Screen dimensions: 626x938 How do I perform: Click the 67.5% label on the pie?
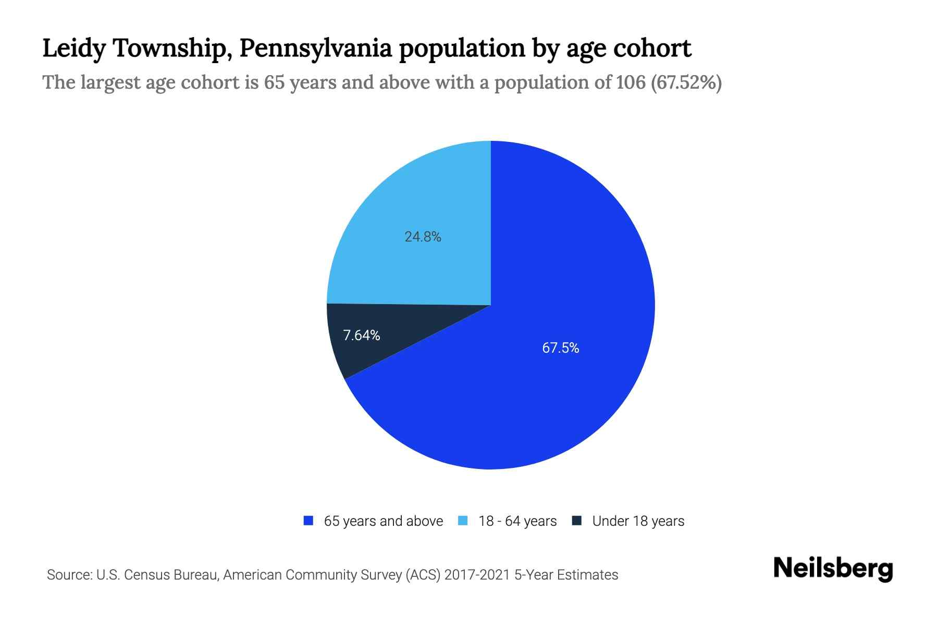tap(560, 348)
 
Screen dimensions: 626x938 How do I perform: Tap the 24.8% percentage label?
tap(423, 237)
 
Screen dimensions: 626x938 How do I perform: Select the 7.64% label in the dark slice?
tap(361, 335)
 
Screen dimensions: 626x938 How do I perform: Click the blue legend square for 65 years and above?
tap(308, 521)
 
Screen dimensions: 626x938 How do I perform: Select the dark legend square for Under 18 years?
tap(577, 521)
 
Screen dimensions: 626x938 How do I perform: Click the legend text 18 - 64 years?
tap(517, 521)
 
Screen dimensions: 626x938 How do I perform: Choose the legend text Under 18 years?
tap(638, 521)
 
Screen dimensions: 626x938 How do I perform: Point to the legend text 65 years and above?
tap(383, 521)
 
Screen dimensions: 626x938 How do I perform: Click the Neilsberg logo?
tap(833, 569)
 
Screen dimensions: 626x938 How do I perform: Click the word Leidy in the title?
tap(72, 49)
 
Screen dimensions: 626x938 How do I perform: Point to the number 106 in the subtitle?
tap(630, 82)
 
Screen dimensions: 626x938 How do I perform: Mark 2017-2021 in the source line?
tap(477, 575)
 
